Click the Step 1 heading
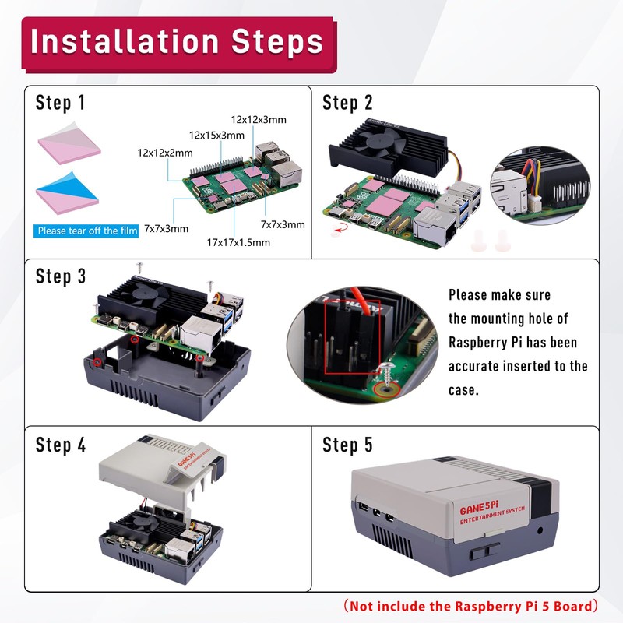pyautogui.click(x=61, y=103)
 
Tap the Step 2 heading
pyautogui.click(x=347, y=103)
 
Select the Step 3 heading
pyautogui.click(x=61, y=276)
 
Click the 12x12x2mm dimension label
pyautogui.click(x=164, y=153)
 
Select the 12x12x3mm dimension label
pyautogui.click(x=259, y=119)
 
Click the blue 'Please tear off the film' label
pyautogui.click(x=87, y=231)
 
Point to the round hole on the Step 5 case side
pyautogui.click(x=541, y=532)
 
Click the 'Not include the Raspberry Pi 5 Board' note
pyautogui.click(x=472, y=606)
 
